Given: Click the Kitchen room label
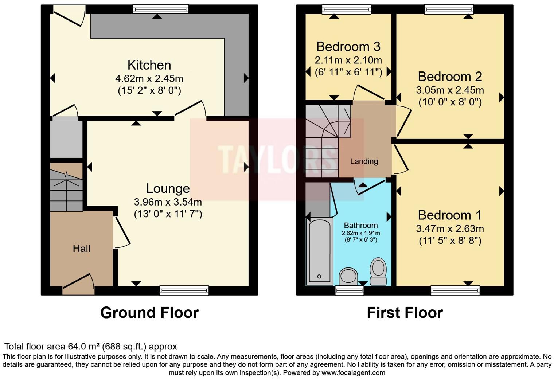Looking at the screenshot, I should pyautogui.click(x=149, y=65).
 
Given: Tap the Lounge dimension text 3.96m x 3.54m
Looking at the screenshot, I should pyautogui.click(x=168, y=202).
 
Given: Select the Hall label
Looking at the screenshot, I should pyautogui.click(x=81, y=249).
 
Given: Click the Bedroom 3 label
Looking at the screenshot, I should pyautogui.click(x=348, y=47).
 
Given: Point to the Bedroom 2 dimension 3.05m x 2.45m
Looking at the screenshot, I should pyautogui.click(x=450, y=90).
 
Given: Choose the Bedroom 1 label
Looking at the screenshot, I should pyautogui.click(x=449, y=215).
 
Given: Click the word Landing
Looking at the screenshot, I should pyautogui.click(x=364, y=161).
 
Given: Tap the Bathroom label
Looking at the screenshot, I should pyautogui.click(x=360, y=225).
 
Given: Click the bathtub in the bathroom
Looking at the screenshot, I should pyautogui.click(x=319, y=251).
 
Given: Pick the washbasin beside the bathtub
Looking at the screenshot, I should pyautogui.click(x=348, y=276).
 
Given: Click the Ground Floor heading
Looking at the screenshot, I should pyautogui.click(x=149, y=313).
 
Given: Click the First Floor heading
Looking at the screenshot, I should pyautogui.click(x=405, y=313).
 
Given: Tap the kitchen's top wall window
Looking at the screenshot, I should pyautogui.click(x=161, y=9).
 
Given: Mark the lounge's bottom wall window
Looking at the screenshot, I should pyautogui.click(x=184, y=290).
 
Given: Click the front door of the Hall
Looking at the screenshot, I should pyautogui.click(x=78, y=285).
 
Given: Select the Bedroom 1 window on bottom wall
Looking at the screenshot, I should pyautogui.click(x=455, y=290).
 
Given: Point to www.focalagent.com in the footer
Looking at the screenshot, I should pyautogui.click(x=353, y=373).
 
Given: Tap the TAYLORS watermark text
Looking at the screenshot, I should pyautogui.click(x=277, y=160).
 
